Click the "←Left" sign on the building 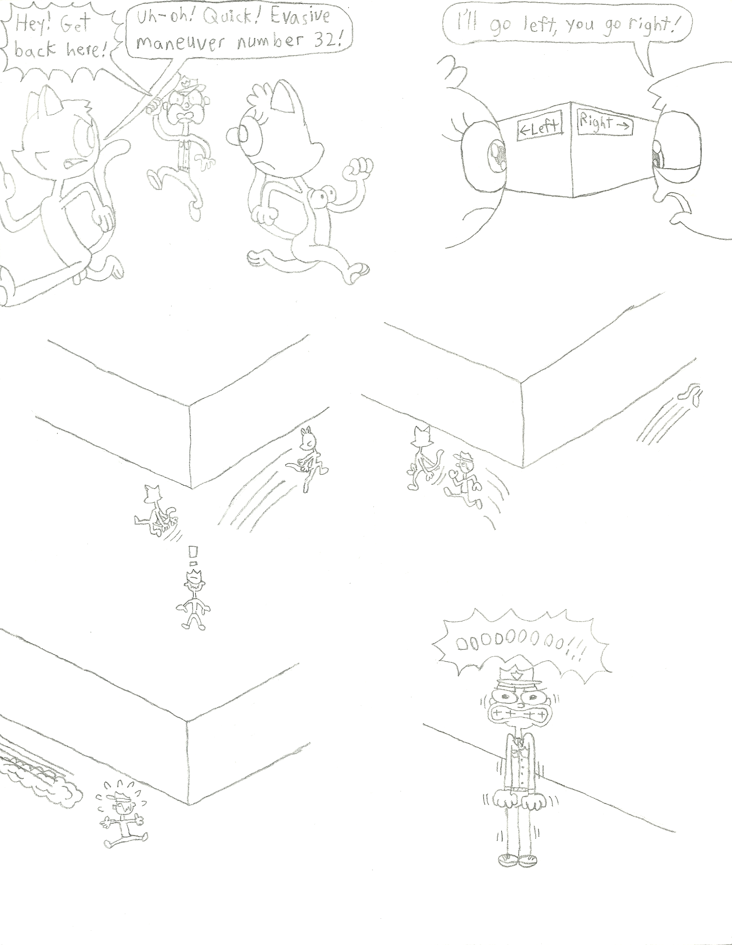[x=539, y=129]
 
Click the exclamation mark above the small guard [x=194, y=556]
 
